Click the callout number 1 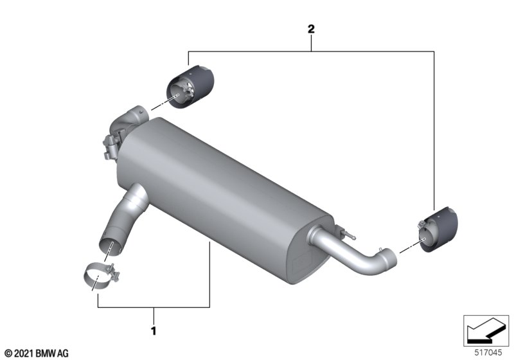click(153, 332)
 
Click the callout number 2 click(311, 29)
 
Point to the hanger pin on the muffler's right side click(347, 233)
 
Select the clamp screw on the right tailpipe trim click(418, 225)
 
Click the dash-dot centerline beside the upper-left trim click(154, 104)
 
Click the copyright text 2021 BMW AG click(36, 353)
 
